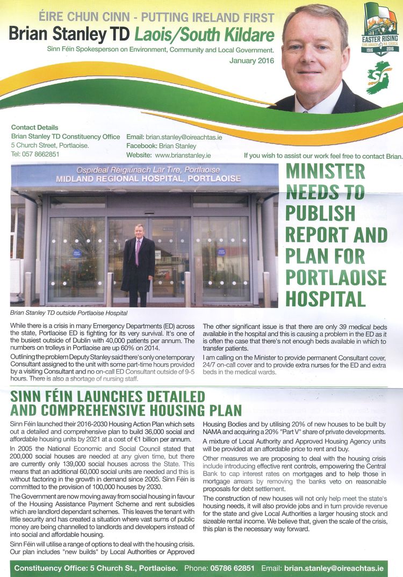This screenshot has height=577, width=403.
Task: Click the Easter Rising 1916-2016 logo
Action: click(x=380, y=29)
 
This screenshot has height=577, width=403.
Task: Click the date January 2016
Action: click(x=251, y=61)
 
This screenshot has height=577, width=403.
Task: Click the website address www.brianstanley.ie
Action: click(x=183, y=155)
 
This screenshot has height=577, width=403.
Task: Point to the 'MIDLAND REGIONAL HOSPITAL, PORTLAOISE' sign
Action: click(x=148, y=178)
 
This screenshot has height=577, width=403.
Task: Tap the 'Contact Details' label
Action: click(x=34, y=128)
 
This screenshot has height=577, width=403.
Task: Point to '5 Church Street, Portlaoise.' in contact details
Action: click(x=50, y=146)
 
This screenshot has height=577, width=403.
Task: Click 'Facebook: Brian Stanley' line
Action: click(x=161, y=146)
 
